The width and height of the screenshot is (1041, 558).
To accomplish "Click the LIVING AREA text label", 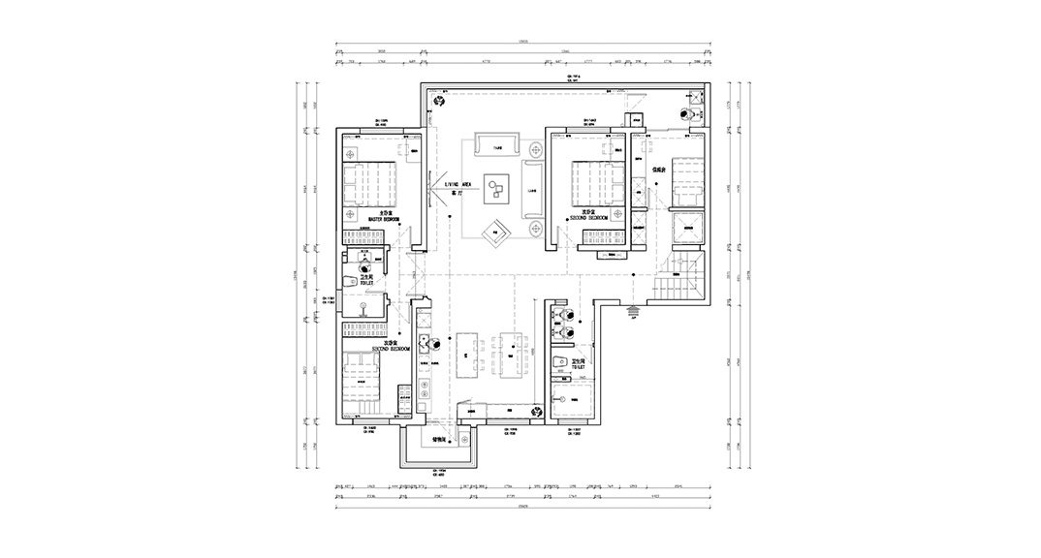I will (x=457, y=183).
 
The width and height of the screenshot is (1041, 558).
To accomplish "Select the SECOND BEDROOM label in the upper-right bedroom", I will (x=587, y=219).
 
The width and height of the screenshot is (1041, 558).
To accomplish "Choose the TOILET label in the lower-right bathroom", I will (x=576, y=369).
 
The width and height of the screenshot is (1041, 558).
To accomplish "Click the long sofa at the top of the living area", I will (x=499, y=147).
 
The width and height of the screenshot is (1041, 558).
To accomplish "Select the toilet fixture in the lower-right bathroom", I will (x=559, y=363).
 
